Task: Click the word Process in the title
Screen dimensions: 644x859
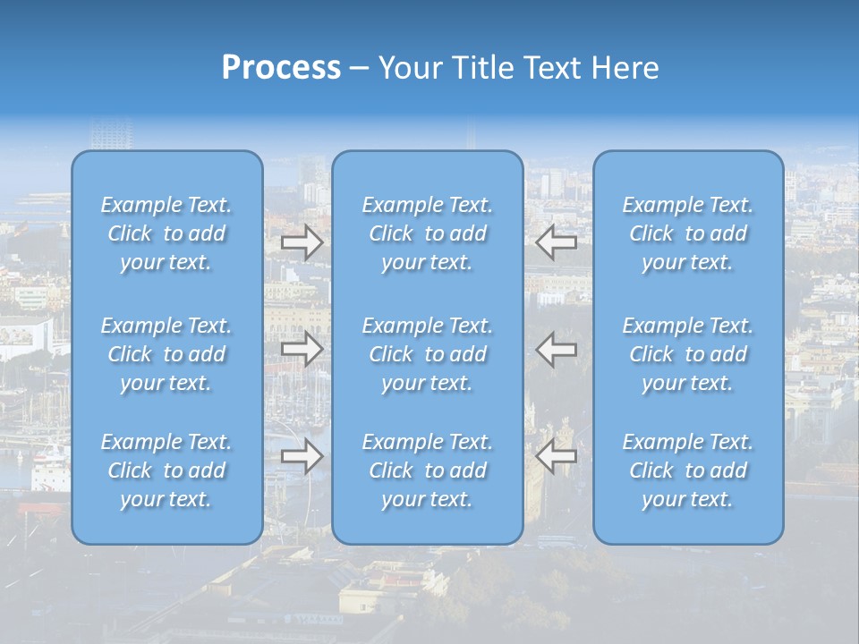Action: [281, 68]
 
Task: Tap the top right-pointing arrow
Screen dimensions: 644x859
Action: [302, 241]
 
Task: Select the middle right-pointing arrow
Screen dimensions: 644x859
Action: [302, 349]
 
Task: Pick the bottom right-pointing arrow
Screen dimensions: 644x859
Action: [302, 456]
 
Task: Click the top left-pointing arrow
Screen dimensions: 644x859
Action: [557, 241]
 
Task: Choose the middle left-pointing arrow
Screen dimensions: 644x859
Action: [557, 349]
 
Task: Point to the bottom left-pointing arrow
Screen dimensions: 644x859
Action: [557, 456]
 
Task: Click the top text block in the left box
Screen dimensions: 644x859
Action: [166, 233]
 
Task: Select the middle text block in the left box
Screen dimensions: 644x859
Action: [166, 354]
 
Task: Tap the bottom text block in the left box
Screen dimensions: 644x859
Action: [166, 470]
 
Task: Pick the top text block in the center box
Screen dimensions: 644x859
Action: [428, 233]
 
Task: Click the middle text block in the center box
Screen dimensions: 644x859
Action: [428, 354]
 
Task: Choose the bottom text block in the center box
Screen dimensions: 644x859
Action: [428, 470]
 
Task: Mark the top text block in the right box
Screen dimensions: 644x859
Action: [688, 233]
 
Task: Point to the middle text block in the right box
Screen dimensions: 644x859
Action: [688, 354]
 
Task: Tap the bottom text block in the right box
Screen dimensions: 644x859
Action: [688, 470]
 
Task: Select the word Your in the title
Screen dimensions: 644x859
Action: [407, 68]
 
